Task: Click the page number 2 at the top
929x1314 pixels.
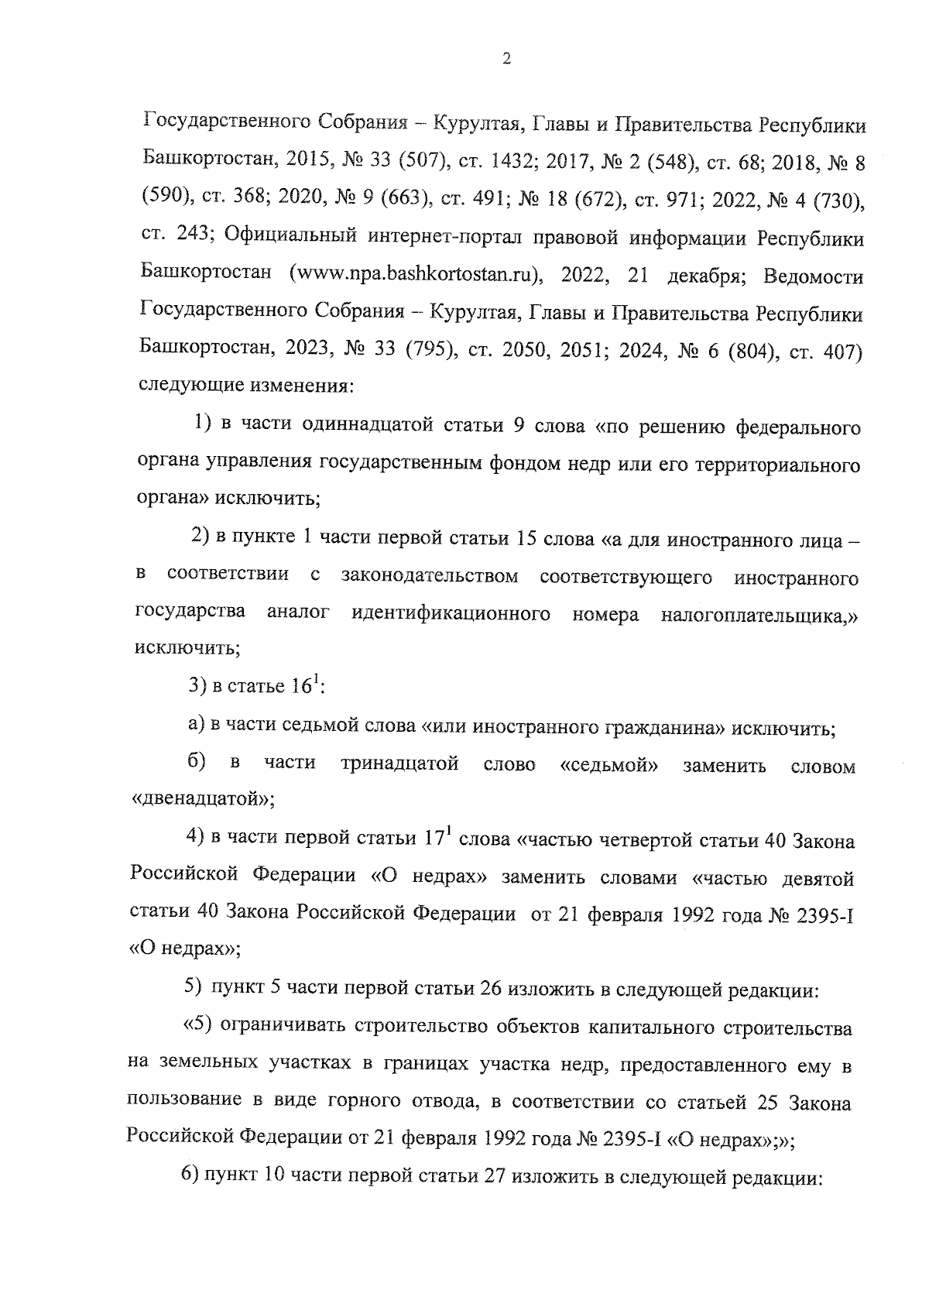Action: (506, 60)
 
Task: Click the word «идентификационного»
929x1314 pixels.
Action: (451, 614)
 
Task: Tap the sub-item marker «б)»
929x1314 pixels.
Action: (197, 763)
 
